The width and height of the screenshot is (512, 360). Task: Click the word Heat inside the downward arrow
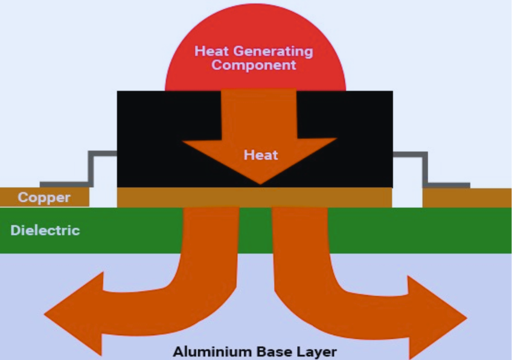(261, 155)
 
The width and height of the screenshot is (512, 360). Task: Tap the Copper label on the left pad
(43, 198)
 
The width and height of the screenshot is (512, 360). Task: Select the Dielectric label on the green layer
(45, 230)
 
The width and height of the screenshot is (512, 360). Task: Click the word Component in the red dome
(254, 65)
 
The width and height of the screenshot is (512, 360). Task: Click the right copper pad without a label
(466, 198)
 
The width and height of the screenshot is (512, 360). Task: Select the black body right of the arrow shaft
(356, 139)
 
